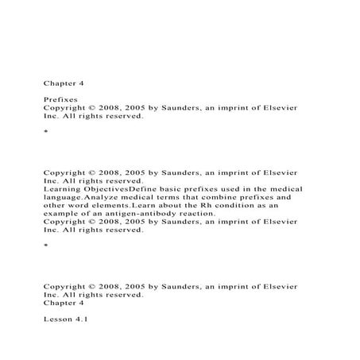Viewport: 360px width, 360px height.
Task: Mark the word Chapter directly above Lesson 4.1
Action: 60,303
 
